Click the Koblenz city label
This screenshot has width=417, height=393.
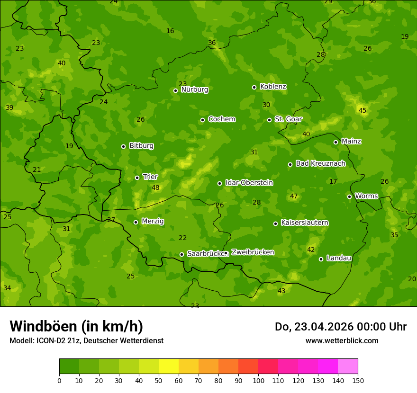[x=273, y=87]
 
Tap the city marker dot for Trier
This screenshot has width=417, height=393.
[x=137, y=178]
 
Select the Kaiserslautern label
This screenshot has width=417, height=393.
[x=305, y=223]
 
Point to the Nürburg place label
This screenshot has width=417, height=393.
[x=194, y=89]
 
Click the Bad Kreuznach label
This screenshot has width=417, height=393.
[x=320, y=163]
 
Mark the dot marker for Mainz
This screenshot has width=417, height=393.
[x=335, y=142]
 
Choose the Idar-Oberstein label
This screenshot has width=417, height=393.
[x=249, y=182]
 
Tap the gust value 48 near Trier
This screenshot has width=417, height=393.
[x=155, y=188]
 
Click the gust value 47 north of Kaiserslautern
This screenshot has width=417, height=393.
[x=294, y=196]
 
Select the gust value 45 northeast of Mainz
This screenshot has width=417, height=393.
[x=363, y=110]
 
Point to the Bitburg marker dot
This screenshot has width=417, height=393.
[x=123, y=146]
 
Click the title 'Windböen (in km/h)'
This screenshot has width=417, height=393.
[x=76, y=326]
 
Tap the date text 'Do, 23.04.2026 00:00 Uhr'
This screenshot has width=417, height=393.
[x=341, y=327]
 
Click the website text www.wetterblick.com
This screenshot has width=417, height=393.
[x=342, y=340]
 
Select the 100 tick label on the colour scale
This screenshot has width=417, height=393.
[x=258, y=380]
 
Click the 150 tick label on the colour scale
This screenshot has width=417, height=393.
[x=358, y=380]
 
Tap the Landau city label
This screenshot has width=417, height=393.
[x=339, y=258]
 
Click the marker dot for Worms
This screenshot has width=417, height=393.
[x=349, y=196]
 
